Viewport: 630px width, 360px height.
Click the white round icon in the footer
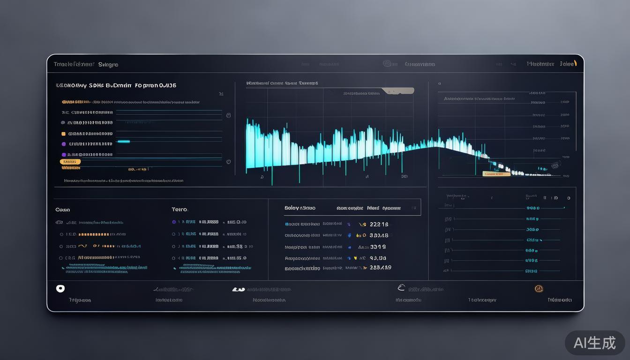(x=60, y=289)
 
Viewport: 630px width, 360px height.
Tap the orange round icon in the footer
(x=539, y=289)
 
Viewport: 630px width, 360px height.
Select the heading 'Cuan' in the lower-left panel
(x=62, y=210)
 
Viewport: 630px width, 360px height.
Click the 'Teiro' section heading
(x=180, y=210)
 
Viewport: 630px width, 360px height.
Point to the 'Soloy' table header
(x=292, y=208)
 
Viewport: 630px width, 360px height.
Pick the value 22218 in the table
(x=379, y=225)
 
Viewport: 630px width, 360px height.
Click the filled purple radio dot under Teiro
(x=174, y=222)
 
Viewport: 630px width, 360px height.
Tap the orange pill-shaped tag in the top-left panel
(x=70, y=162)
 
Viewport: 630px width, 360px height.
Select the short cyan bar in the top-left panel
(x=123, y=141)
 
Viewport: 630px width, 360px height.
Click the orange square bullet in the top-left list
(x=63, y=134)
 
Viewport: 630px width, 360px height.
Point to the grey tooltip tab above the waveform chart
(x=398, y=90)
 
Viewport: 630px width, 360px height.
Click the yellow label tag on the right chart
(x=496, y=174)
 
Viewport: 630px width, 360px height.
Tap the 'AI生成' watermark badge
(x=594, y=343)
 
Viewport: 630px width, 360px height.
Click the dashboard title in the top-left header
(x=86, y=64)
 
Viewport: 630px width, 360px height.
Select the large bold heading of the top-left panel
(x=116, y=86)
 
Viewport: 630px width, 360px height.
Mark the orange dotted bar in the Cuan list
(x=94, y=234)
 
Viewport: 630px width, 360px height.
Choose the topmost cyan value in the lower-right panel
(x=532, y=208)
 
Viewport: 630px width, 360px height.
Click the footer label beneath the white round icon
(x=80, y=300)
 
